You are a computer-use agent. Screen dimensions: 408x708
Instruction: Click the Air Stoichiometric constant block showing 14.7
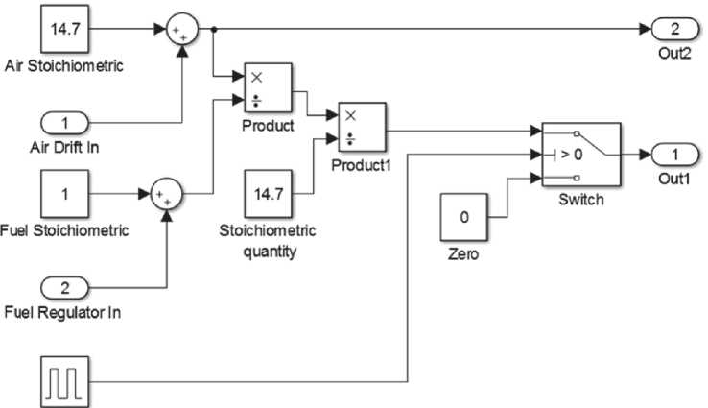click(x=64, y=29)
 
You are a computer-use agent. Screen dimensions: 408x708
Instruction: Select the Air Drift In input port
click(x=63, y=122)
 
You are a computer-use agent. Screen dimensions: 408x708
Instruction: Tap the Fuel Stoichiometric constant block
click(x=63, y=194)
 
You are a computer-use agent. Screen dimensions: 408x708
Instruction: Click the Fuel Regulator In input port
click(x=63, y=286)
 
